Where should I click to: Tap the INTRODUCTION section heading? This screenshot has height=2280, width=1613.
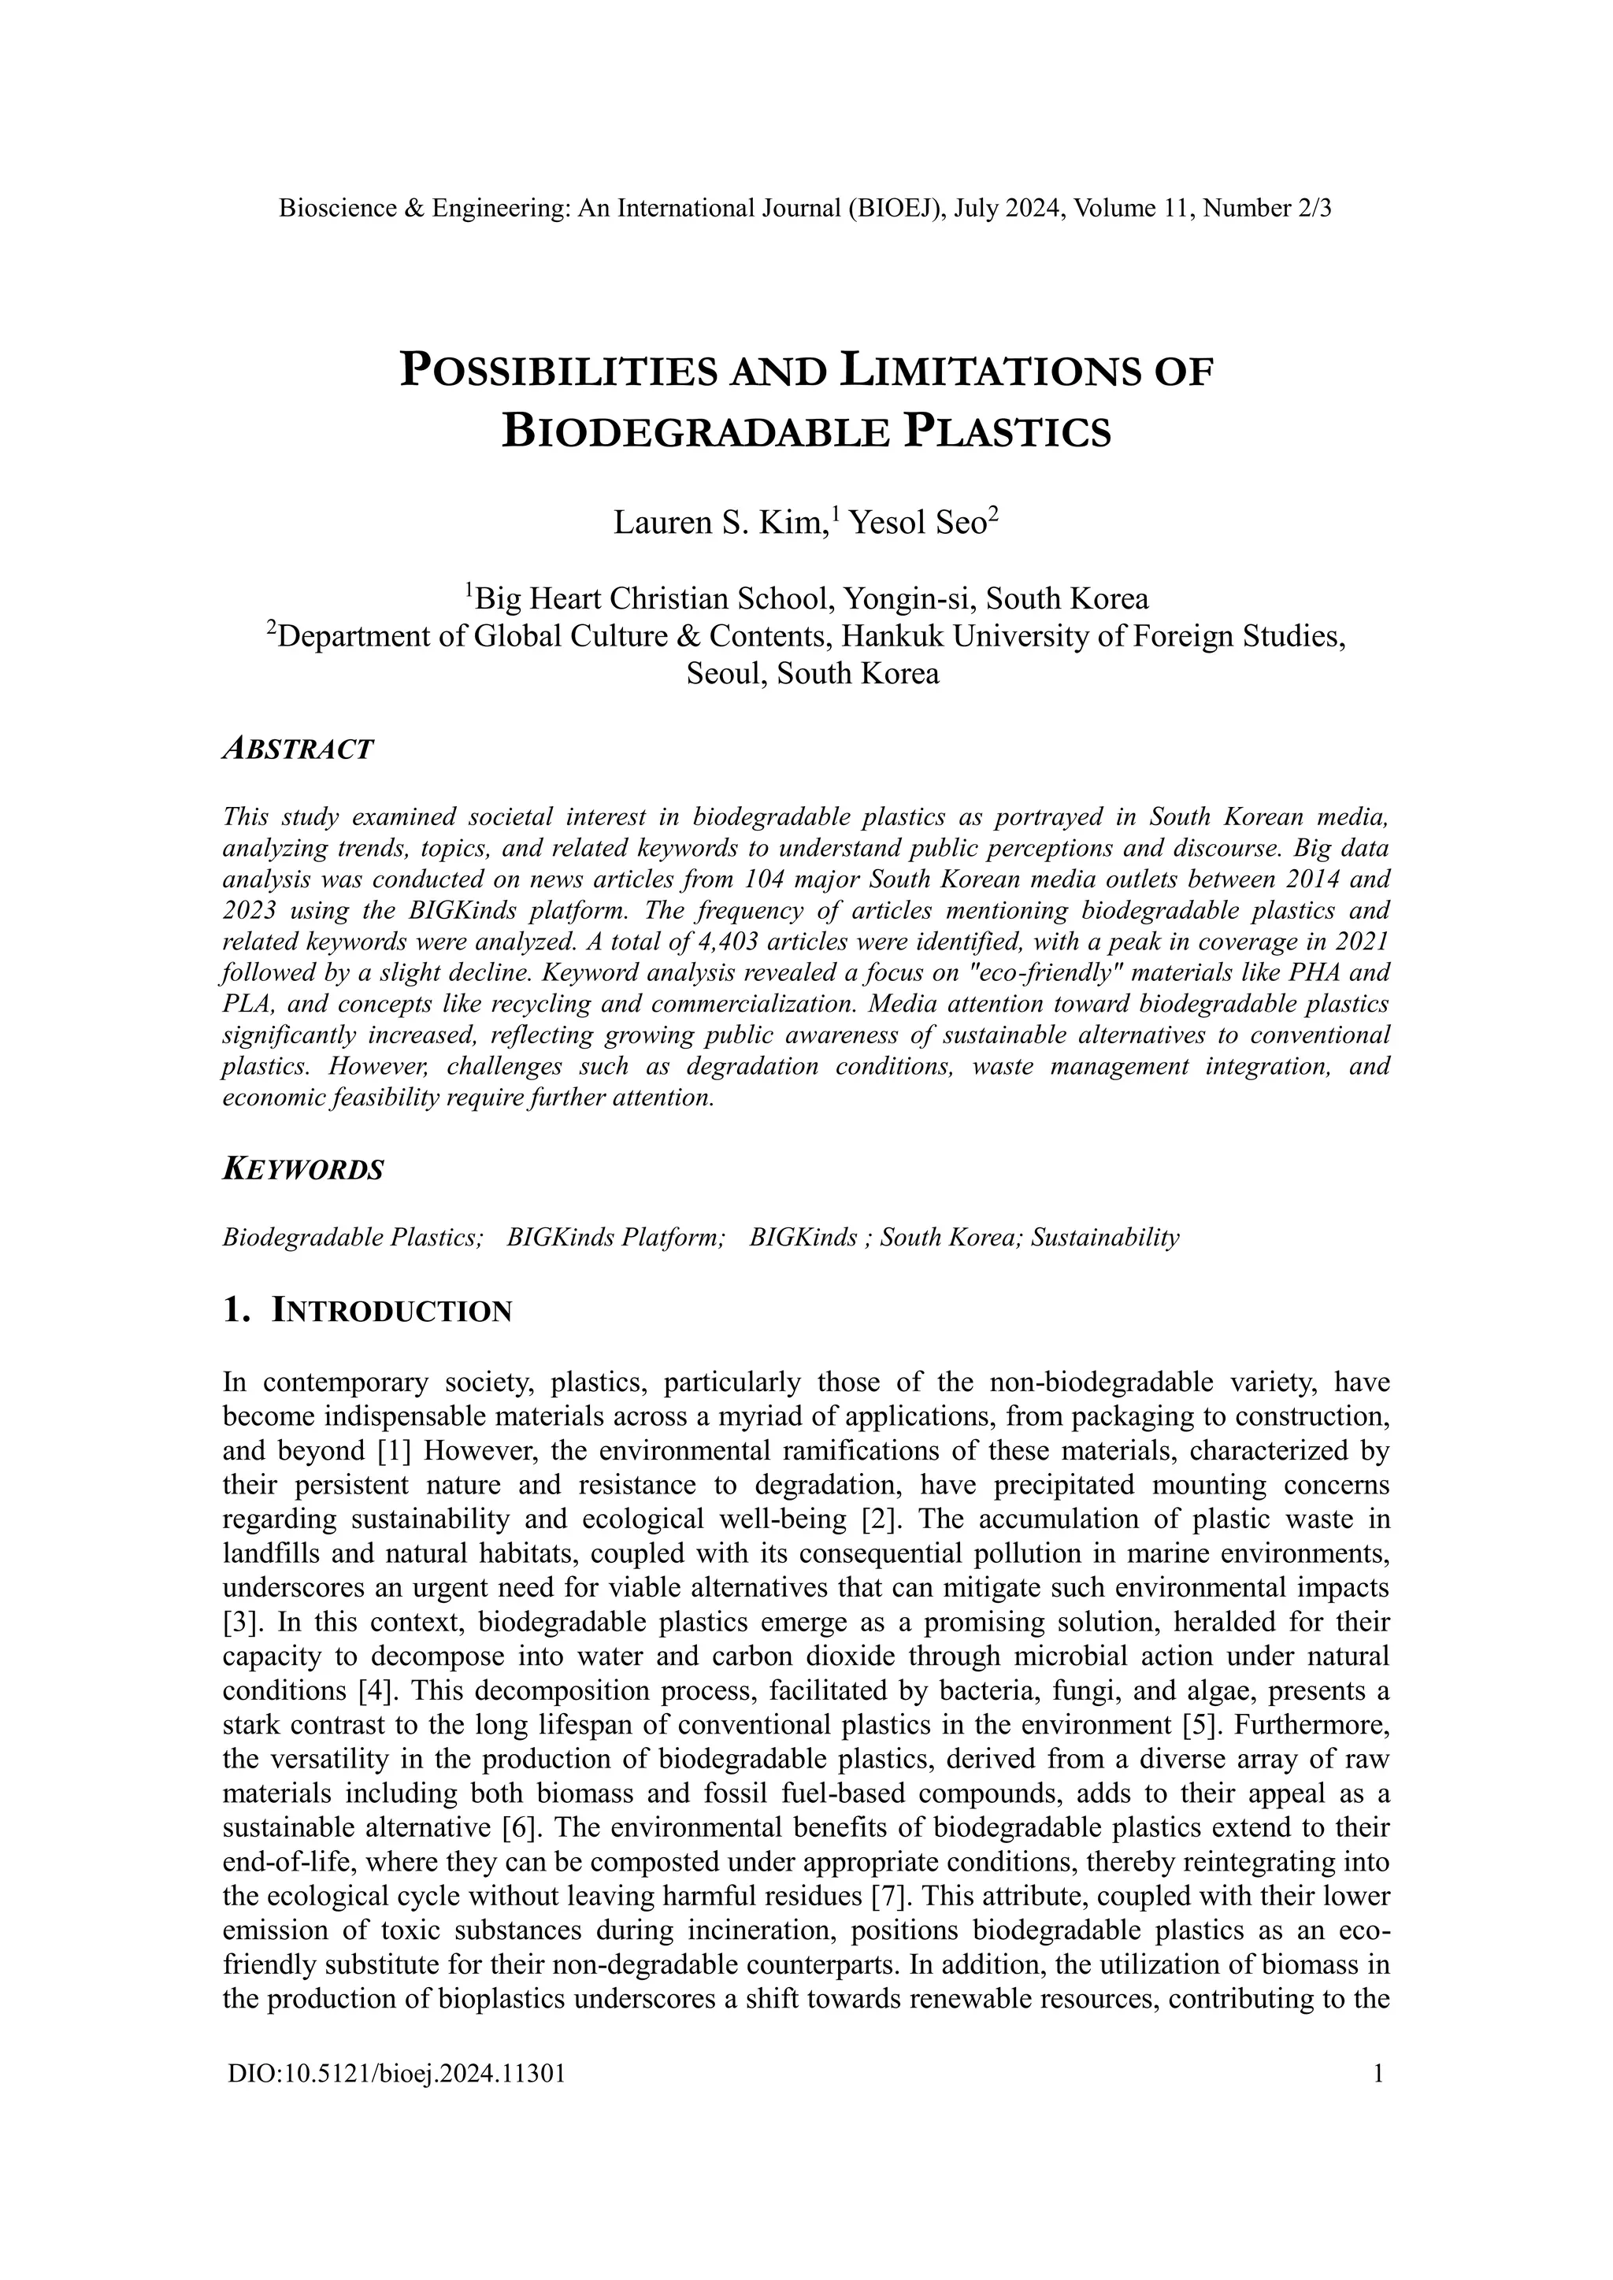[x=392, y=1311]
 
